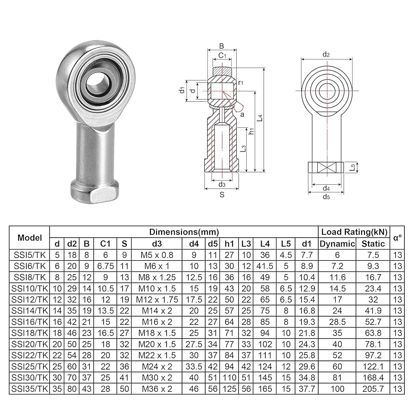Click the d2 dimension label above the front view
coord(326,55)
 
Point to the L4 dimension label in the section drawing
coord(261,119)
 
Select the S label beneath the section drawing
coord(222,195)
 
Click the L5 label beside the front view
coord(352,167)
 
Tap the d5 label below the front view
coord(326,196)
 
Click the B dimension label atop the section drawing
coord(221,46)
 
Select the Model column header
coord(30,238)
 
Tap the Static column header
coord(373,244)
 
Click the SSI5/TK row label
coord(30,255)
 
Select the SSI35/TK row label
coord(30,389)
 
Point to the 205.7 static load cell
coord(373,389)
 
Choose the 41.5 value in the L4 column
coord(265,266)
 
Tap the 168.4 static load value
coord(373,377)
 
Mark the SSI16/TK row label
coord(30,321)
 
